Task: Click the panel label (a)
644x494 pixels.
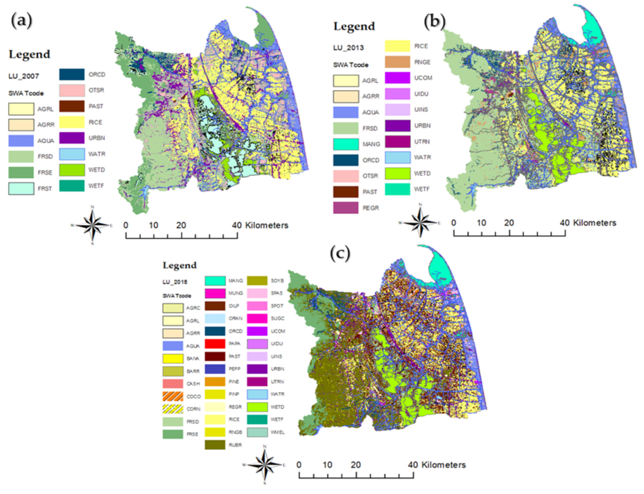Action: coord(21,21)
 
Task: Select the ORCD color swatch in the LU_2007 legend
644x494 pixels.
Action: coord(72,74)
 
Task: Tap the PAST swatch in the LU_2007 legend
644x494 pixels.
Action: coord(72,106)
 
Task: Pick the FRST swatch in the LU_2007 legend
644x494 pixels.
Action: coord(21,188)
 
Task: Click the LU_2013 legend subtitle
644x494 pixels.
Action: coord(348,48)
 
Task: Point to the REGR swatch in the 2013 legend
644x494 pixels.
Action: coord(346,208)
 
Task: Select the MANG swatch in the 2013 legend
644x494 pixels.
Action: coord(346,144)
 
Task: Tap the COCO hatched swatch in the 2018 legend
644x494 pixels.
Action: coord(173,396)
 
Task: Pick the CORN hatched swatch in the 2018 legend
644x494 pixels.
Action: coord(173,409)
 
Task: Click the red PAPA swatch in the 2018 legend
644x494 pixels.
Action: coord(215,343)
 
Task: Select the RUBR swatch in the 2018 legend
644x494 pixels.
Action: coord(215,445)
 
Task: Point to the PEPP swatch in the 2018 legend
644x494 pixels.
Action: coord(215,369)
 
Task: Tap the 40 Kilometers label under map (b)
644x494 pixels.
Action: coord(588,223)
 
